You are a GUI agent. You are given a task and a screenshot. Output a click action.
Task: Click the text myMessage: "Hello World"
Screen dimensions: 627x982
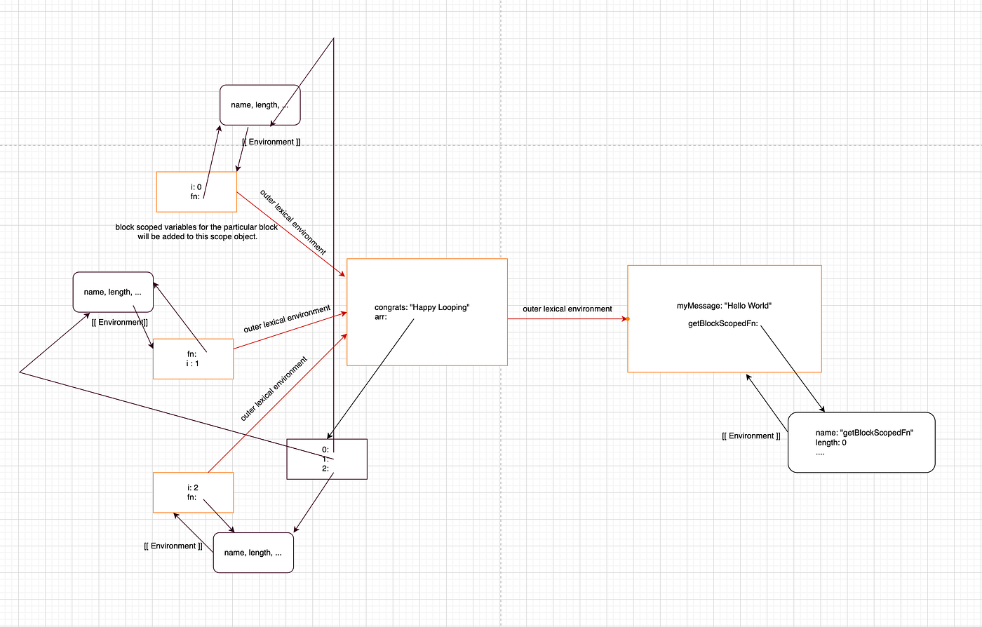[724, 306]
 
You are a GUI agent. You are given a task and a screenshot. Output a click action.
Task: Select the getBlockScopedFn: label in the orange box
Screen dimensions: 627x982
[723, 324]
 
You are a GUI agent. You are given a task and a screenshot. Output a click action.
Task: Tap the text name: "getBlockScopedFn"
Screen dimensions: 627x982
[866, 433]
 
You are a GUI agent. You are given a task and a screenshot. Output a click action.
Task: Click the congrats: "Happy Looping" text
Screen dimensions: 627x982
[422, 307]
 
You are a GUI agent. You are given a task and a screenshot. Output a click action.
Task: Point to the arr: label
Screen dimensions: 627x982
[382, 317]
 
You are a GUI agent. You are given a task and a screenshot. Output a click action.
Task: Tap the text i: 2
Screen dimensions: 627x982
[194, 487]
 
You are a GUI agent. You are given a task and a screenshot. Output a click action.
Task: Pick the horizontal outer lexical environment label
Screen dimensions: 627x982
[567, 309]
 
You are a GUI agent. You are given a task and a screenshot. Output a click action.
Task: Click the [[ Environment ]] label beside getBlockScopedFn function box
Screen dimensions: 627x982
[751, 436]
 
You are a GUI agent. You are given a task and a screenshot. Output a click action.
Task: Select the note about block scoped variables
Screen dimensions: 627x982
[196, 231]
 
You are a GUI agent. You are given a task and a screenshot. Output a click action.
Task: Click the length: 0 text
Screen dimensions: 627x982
[831, 443]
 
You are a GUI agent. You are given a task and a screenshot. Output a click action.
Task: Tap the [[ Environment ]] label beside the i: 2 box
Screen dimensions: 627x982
[173, 546]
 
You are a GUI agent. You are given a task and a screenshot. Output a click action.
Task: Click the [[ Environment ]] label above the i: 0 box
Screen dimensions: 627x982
[271, 142]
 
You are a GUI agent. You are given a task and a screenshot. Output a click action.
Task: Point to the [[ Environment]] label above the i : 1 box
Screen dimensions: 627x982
[119, 323]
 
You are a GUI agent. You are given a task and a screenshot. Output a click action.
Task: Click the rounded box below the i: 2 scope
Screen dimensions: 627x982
[253, 553]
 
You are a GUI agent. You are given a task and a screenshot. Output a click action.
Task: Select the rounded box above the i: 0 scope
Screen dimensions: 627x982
[260, 105]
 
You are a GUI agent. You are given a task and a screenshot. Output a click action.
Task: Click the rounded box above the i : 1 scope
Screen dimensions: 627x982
[113, 292]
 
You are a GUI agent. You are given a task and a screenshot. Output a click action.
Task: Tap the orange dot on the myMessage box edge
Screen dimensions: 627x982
[628, 319]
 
